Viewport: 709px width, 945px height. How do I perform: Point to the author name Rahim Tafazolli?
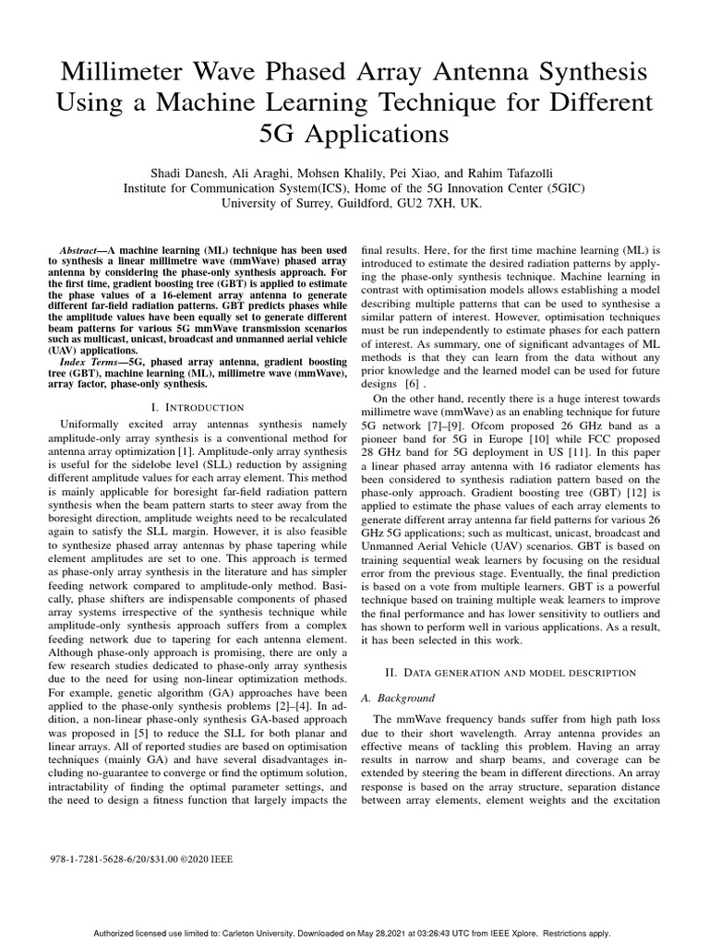pos(515,173)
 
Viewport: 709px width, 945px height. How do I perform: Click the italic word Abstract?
pos(75,250)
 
